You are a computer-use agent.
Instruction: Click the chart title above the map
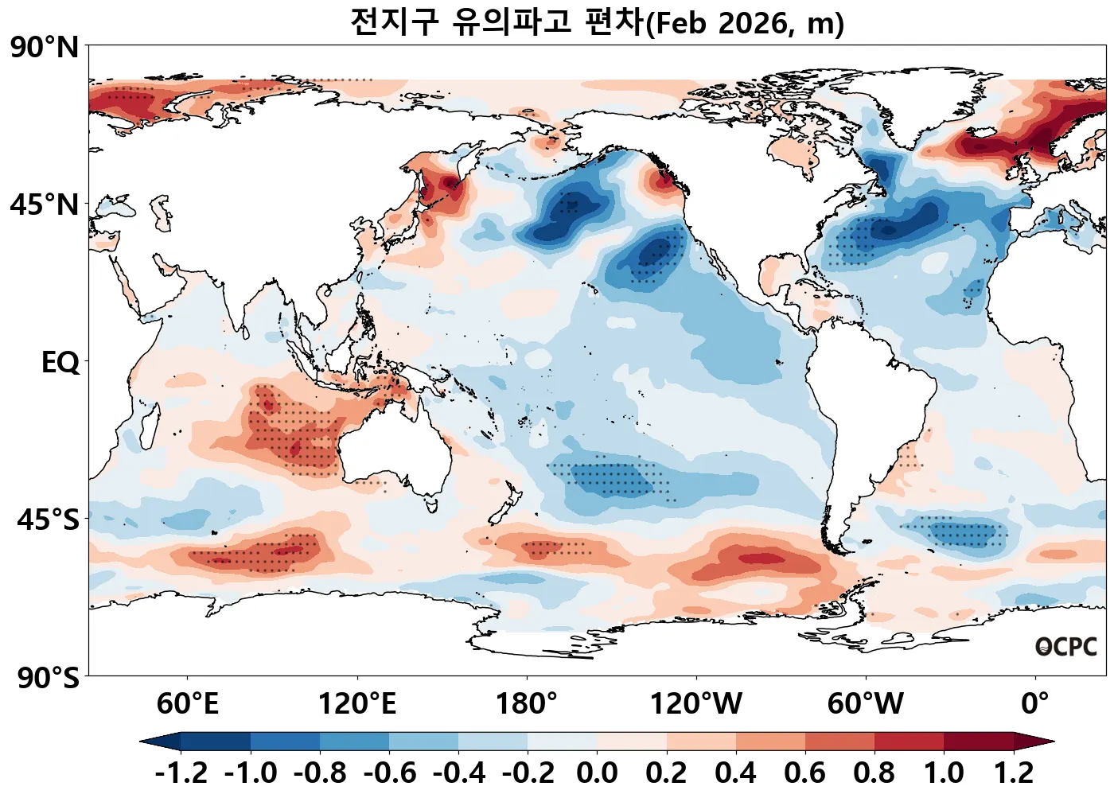[597, 22]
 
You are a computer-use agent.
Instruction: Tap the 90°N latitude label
[45, 47]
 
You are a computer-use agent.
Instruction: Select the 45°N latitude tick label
[45, 204]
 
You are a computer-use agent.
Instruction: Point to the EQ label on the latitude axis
[60, 363]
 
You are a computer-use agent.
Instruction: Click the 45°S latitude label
[48, 520]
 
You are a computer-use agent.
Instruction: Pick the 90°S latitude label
[48, 678]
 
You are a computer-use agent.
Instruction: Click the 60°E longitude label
[187, 704]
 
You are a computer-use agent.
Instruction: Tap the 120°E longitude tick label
[356, 704]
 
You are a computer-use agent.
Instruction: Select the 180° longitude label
[527, 704]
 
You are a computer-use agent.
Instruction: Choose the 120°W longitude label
[696, 704]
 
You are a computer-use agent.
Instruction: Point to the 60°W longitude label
[865, 704]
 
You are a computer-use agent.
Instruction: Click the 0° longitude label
[1034, 704]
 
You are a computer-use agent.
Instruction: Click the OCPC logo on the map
[1066, 647]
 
